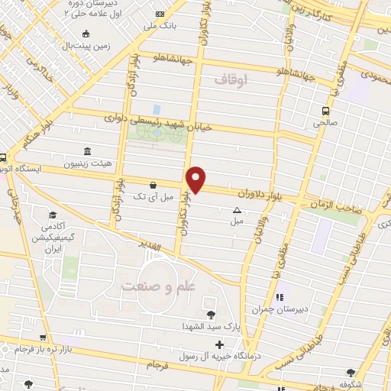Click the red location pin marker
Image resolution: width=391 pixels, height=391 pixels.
coord(197,179)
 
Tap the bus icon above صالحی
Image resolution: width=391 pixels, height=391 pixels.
coord(325,110)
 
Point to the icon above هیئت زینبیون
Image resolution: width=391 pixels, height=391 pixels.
coord(86,150)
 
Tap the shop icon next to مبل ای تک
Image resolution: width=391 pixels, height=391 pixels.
coord(153,184)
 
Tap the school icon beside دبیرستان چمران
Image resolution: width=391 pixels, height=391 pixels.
coord(279,296)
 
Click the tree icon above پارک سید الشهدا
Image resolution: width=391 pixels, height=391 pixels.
coord(210,314)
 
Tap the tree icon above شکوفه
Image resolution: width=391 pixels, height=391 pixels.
coord(351,373)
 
